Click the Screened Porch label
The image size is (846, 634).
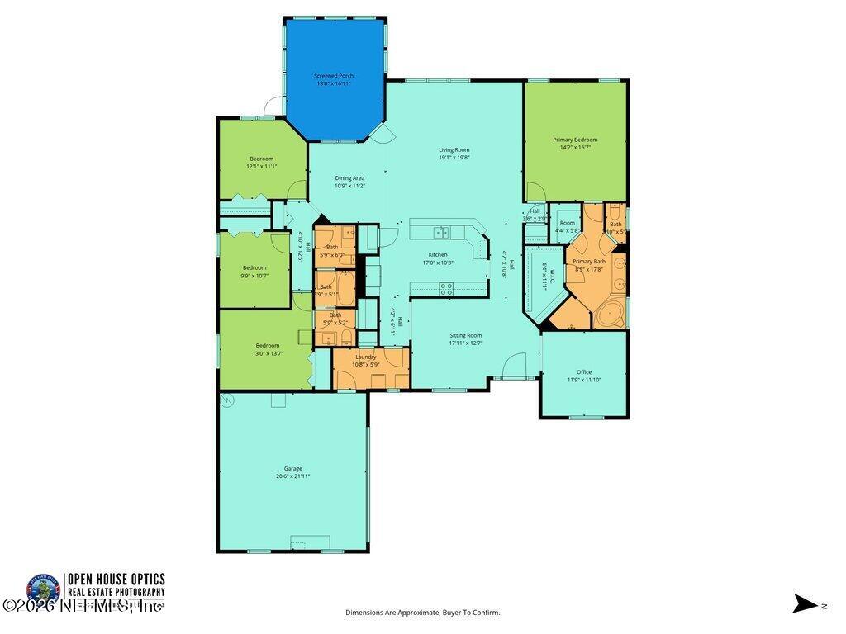coord(334,76)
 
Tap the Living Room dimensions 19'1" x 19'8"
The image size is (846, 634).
coord(454,158)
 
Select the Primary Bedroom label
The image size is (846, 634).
coord(575,140)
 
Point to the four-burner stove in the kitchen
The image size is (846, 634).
coord(446,289)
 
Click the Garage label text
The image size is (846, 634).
coord(293,468)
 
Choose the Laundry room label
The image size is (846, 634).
coord(365,357)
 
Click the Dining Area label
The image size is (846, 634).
coord(349,177)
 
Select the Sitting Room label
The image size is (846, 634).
coord(465,335)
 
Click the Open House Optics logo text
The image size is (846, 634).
coord(116,580)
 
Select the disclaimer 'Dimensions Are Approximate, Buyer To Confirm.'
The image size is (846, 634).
coord(422,613)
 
